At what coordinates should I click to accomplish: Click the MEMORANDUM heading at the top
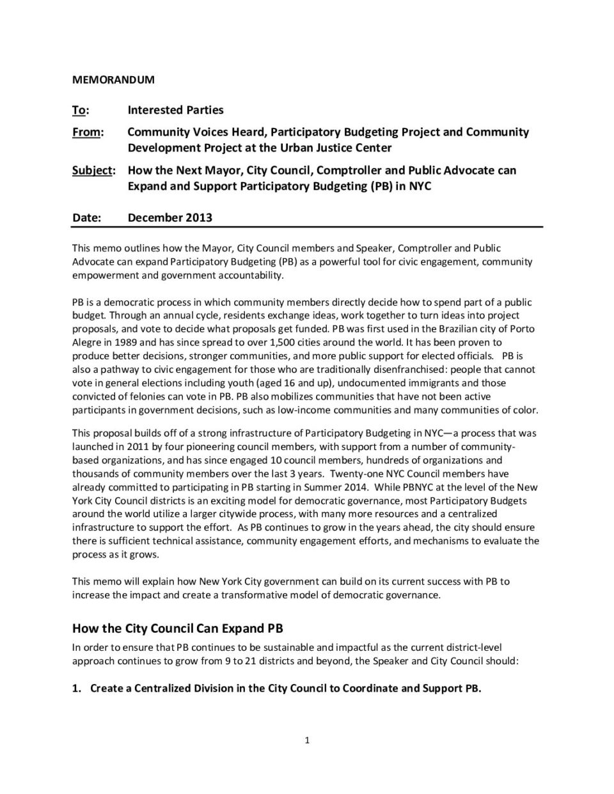113,80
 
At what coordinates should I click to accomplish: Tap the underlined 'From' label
86,132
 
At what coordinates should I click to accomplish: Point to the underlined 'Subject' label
92,171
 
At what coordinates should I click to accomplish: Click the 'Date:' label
86,217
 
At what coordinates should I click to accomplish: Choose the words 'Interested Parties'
175,110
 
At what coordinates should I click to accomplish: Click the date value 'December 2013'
169,217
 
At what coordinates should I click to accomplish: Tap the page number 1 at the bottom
307,740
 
